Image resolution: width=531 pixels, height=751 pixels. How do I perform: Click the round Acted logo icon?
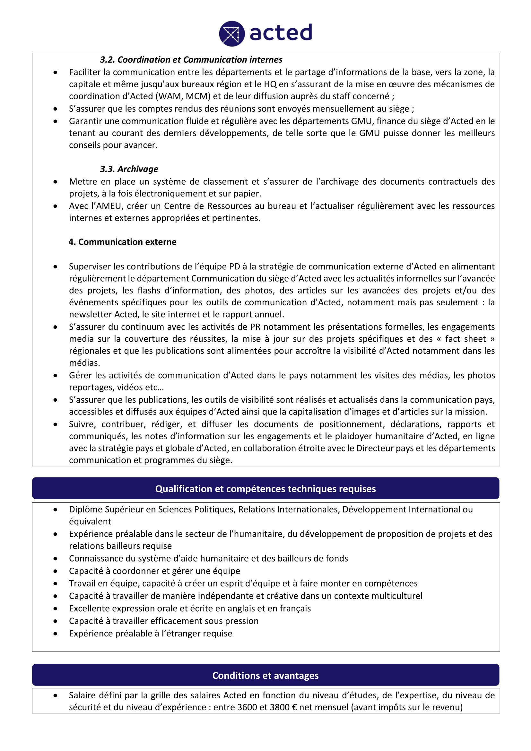(231, 33)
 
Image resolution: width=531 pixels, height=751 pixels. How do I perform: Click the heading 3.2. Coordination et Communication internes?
(191, 59)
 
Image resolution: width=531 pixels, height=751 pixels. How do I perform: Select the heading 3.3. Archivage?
(129, 169)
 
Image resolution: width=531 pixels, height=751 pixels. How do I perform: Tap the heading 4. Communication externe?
(122, 242)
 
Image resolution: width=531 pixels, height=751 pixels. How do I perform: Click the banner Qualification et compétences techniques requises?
(265, 489)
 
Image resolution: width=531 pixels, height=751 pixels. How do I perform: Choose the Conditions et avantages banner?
(265, 676)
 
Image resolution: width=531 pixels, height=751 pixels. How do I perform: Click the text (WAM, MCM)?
(183, 97)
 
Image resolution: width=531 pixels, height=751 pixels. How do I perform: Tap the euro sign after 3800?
(295, 708)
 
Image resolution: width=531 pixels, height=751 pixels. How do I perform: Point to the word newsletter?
(90, 315)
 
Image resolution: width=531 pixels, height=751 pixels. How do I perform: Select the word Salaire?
(82, 695)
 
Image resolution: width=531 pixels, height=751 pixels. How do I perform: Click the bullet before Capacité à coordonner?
(56, 571)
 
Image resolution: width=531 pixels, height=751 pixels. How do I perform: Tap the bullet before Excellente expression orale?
(56, 609)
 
